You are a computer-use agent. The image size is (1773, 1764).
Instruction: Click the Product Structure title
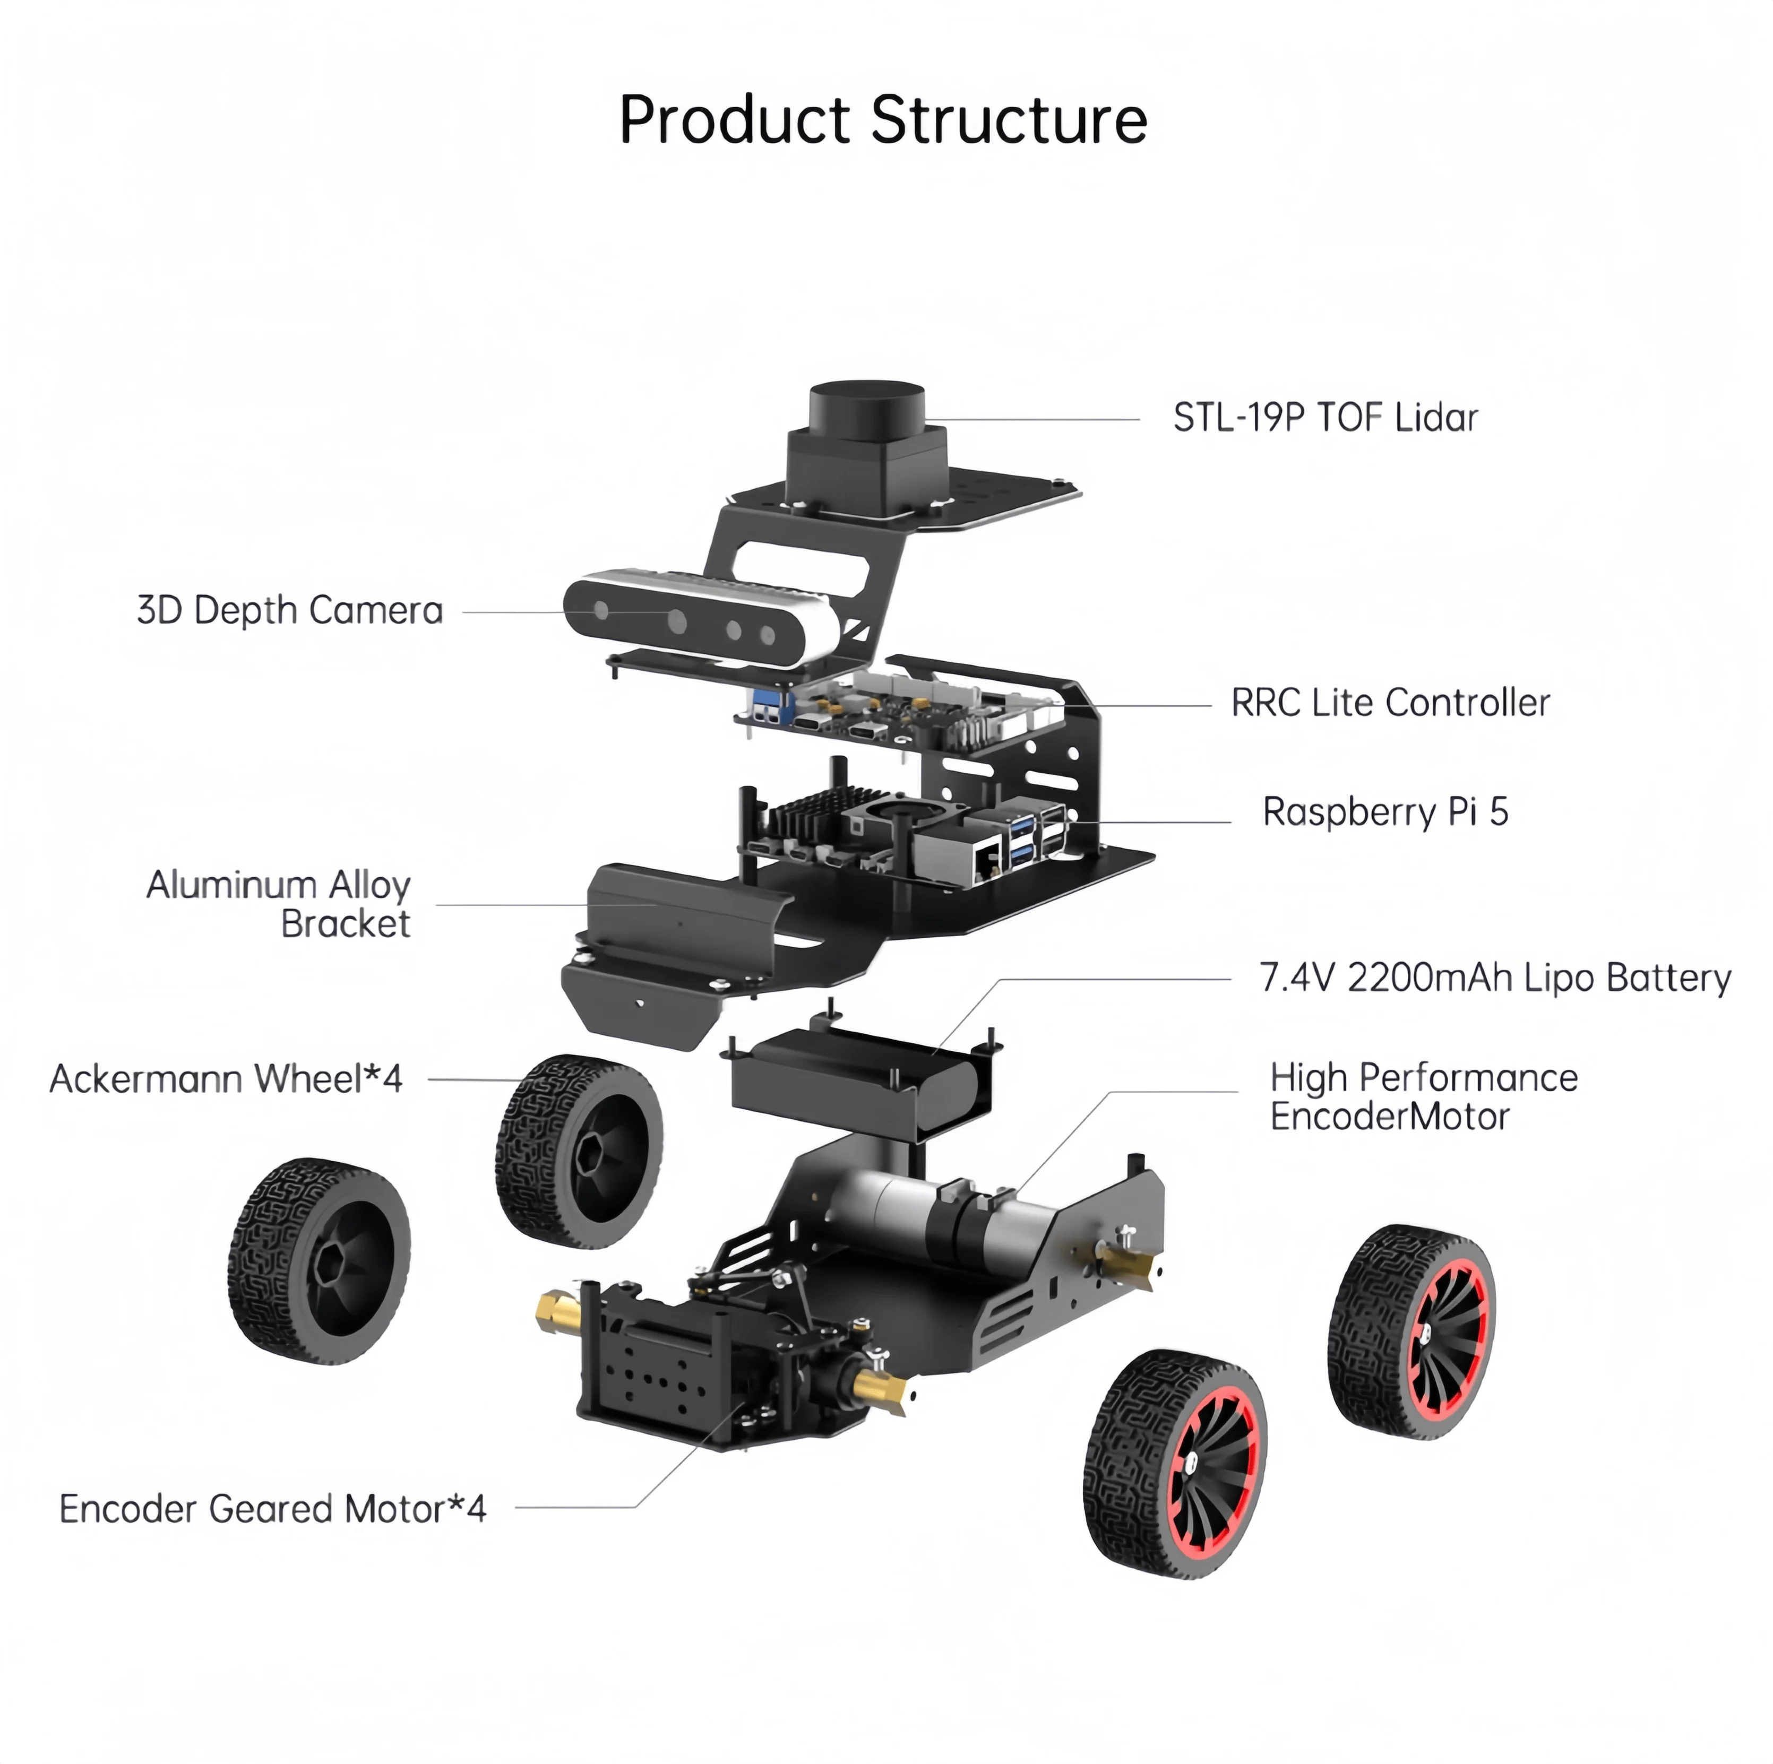click(x=883, y=119)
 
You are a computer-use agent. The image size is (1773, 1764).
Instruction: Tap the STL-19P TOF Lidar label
click(x=1325, y=417)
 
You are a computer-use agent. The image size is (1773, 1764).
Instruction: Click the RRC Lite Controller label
click(x=1390, y=703)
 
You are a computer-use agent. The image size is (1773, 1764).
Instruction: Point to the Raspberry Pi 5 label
click(x=1385, y=812)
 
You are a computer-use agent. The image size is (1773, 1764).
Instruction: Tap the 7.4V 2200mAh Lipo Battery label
click(x=1495, y=978)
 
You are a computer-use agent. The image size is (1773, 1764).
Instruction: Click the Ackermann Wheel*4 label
click(x=226, y=1079)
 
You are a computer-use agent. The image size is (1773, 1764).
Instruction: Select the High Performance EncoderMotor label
click(x=1423, y=1097)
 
